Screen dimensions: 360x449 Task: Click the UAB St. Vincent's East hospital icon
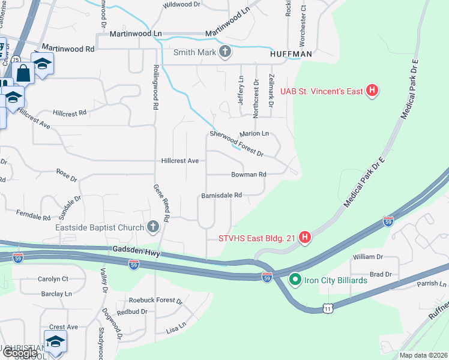373,91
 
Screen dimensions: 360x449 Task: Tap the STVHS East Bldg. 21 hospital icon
305,238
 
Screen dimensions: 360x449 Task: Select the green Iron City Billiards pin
295,280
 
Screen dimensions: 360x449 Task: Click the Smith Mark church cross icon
225,52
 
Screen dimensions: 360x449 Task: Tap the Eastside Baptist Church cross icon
153,227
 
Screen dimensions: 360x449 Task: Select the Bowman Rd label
249,175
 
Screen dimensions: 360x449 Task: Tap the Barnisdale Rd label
221,195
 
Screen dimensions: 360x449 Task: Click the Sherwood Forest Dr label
237,144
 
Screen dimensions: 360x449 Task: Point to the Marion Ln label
254,134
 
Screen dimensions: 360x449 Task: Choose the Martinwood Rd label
68,48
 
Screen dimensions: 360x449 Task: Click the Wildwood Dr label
182,4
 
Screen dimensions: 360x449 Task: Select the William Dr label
367,257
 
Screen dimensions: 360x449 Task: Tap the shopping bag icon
23,74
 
